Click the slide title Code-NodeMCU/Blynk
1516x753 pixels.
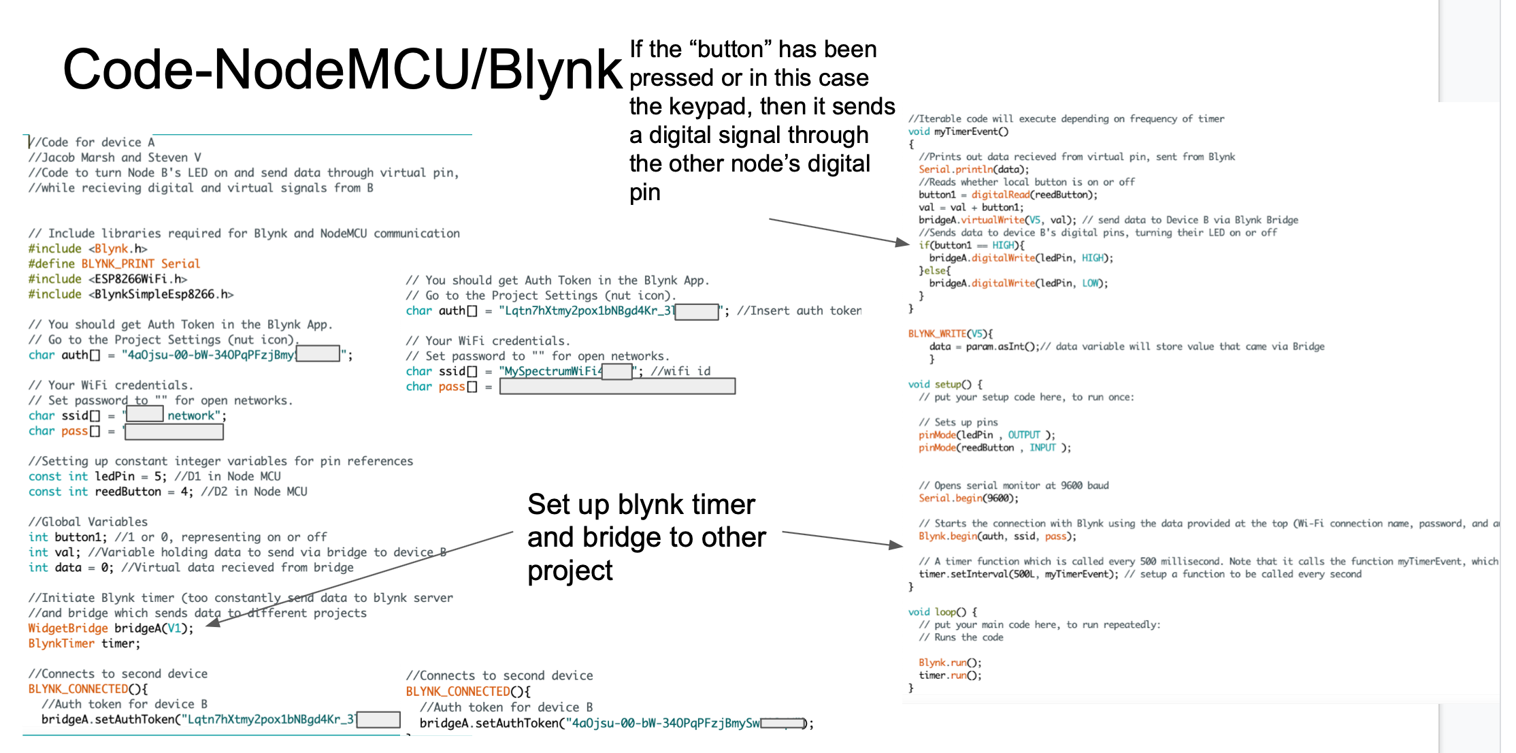(x=342, y=69)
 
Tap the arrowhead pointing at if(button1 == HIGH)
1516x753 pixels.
(x=902, y=242)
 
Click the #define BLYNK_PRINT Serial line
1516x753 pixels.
(x=114, y=263)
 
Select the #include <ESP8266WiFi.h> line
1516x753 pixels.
(x=108, y=279)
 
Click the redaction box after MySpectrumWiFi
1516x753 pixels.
(x=617, y=371)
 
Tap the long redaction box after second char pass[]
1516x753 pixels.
(x=617, y=387)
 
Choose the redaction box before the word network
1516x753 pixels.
(x=145, y=414)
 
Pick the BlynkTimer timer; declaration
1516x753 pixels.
(x=84, y=643)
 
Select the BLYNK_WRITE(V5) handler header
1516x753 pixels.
(x=950, y=334)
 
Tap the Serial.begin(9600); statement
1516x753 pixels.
(x=968, y=498)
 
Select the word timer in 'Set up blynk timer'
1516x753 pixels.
(x=721, y=504)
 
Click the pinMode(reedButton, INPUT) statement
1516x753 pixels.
(x=994, y=448)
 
